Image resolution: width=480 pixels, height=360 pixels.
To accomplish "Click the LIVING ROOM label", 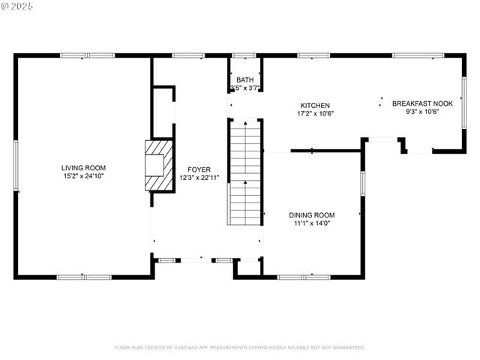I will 84,168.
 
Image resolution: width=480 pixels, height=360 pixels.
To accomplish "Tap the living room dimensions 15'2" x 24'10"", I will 84,176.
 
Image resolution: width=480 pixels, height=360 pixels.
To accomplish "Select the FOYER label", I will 199,169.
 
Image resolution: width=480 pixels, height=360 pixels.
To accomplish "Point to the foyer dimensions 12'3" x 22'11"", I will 199,178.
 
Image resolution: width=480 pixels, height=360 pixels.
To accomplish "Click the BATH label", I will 244,80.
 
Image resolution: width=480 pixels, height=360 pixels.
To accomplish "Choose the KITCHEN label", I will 315,106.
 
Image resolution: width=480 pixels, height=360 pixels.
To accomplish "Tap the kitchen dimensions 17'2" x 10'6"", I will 315,114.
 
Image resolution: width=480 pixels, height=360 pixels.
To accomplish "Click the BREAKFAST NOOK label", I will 422,103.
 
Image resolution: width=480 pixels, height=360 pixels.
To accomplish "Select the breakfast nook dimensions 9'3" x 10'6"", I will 422,112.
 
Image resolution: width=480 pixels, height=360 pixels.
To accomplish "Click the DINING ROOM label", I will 312,214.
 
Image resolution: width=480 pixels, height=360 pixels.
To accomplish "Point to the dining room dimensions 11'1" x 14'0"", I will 312,223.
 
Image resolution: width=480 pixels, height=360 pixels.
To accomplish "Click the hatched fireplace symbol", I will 158,166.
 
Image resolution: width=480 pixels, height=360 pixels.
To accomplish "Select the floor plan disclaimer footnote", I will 239,347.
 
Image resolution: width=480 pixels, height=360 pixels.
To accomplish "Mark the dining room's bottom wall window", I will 304,277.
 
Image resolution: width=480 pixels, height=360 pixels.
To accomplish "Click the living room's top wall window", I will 88,55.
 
